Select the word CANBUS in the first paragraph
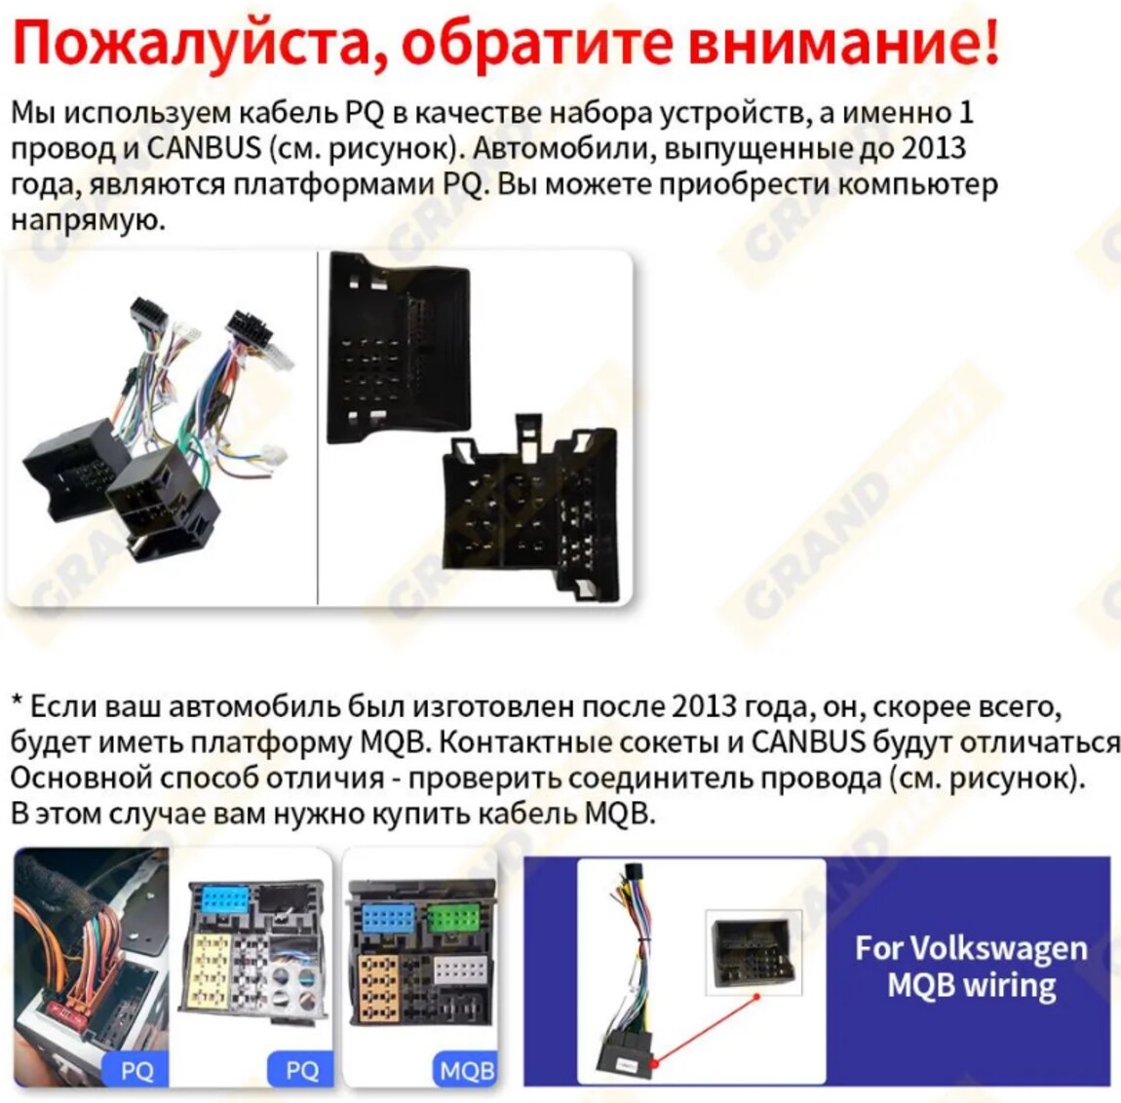pyautogui.click(x=204, y=148)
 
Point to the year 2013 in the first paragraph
pyautogui.click(x=934, y=148)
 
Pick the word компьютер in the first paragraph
pyautogui.click(x=917, y=185)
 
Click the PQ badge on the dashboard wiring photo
pyautogui.click(x=135, y=1071)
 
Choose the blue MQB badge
pyautogui.click(x=465, y=1071)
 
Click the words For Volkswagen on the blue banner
pyautogui.click(x=971, y=949)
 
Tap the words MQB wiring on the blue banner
pyautogui.click(x=972, y=986)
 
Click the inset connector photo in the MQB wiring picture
pyautogui.click(x=754, y=952)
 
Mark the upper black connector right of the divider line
pyautogui.click(x=399, y=348)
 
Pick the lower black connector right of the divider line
pyautogui.click(x=529, y=508)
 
